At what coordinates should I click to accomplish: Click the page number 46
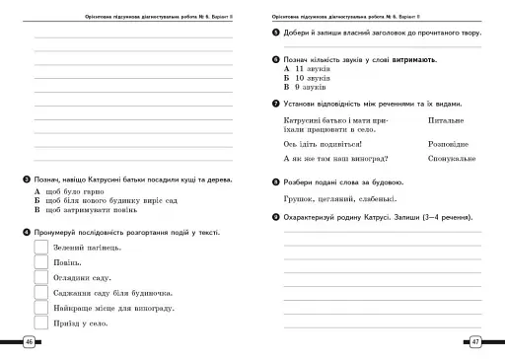click(29, 341)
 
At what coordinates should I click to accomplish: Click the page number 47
click(476, 341)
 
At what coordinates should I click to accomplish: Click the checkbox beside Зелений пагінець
click(41, 247)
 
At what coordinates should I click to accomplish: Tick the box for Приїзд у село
click(41, 323)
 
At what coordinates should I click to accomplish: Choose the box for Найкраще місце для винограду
click(41, 308)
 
